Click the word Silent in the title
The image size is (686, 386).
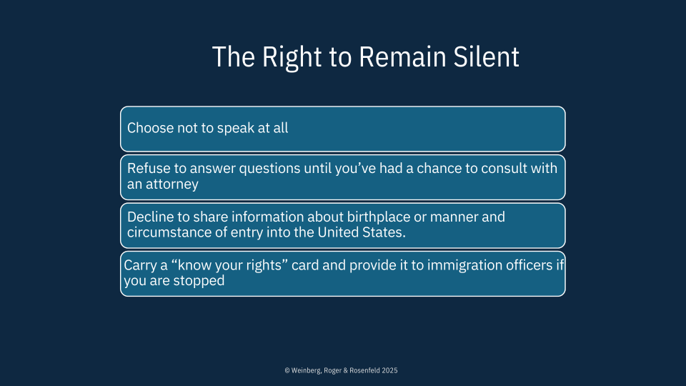click(486, 57)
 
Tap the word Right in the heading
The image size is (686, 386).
click(292, 58)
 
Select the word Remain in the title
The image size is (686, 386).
click(402, 57)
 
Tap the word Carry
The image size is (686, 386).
click(140, 266)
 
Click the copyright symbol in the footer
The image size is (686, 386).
click(287, 371)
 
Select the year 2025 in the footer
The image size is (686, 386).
click(389, 371)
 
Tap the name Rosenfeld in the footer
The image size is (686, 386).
click(365, 371)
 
